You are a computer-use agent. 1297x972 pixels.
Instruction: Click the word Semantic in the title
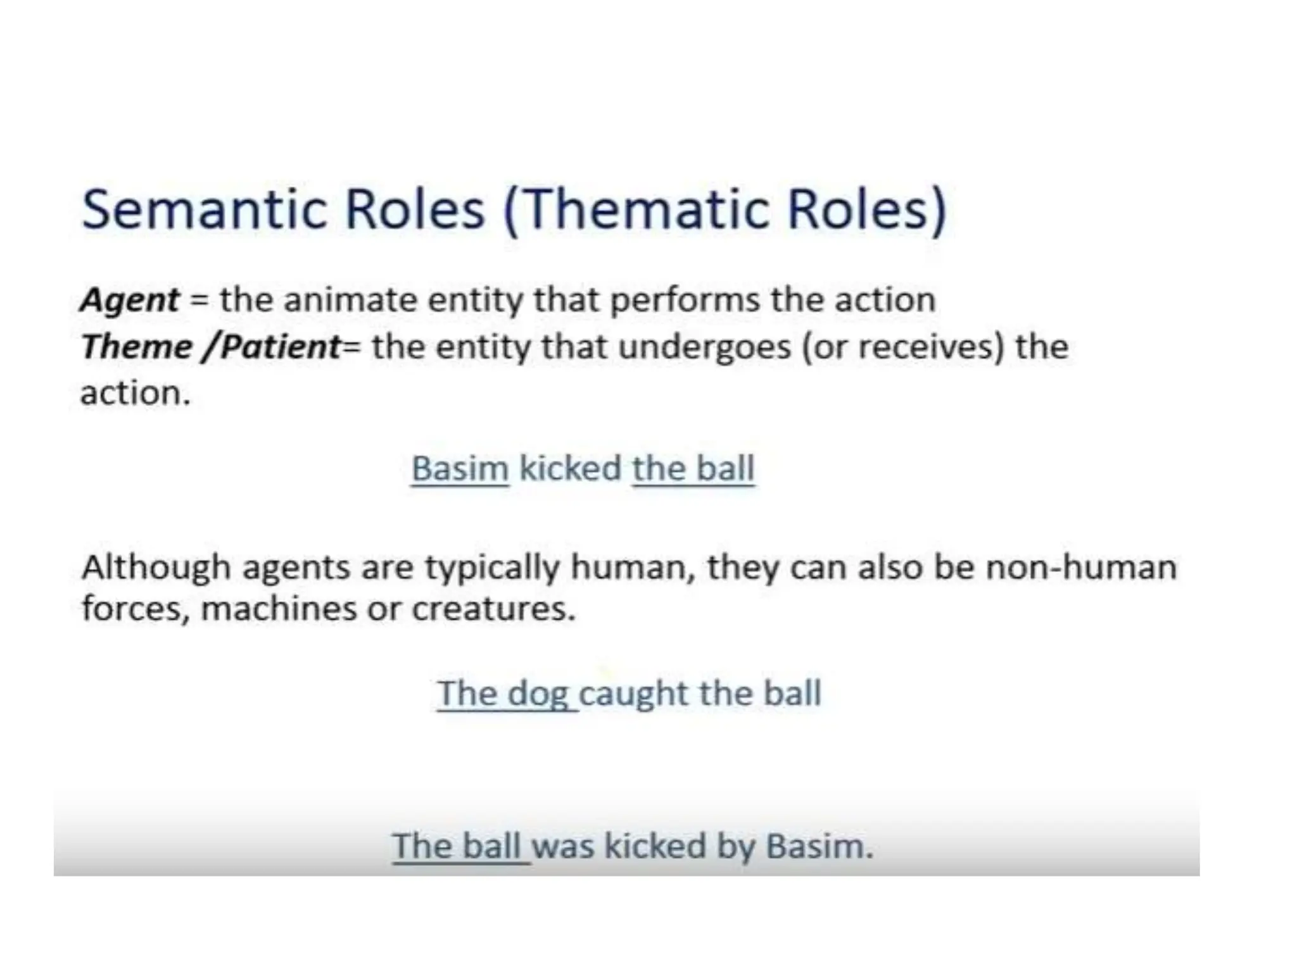point(204,209)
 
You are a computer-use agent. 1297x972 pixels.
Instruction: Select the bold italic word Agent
point(130,299)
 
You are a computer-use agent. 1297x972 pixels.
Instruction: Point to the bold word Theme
point(136,347)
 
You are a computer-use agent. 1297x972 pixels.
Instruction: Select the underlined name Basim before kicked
point(460,469)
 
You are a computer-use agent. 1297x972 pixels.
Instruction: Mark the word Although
point(156,567)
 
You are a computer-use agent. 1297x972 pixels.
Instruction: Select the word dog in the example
point(538,694)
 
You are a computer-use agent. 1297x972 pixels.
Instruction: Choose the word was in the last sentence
point(563,847)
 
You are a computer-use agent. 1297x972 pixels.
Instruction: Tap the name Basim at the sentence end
point(818,847)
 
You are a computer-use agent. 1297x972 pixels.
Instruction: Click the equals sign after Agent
point(199,301)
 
